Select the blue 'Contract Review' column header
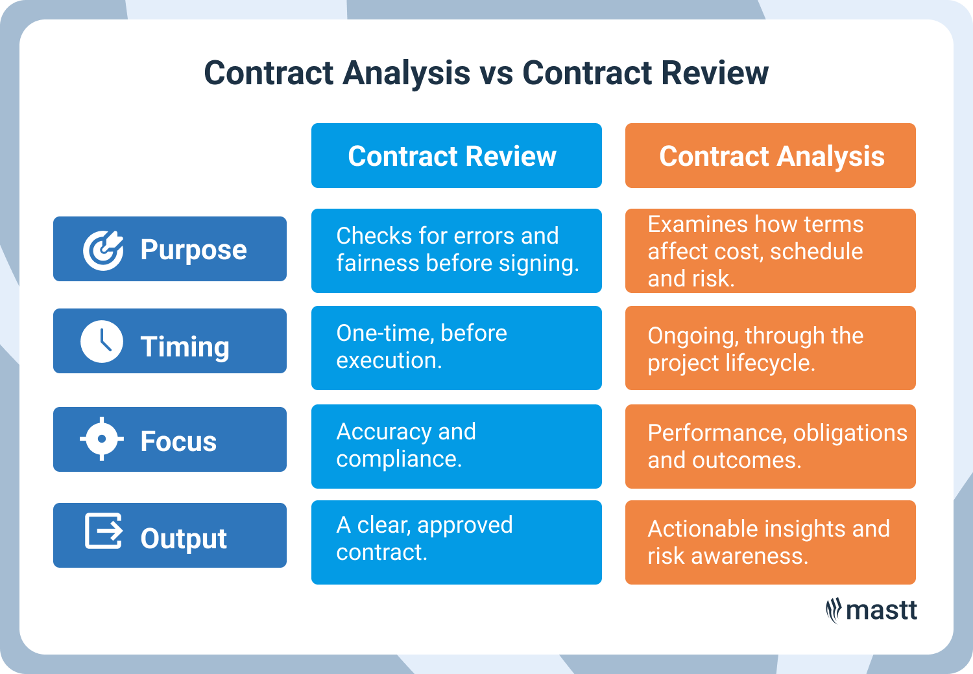pos(456,156)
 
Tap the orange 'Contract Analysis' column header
pos(770,156)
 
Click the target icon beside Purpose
pos(102,250)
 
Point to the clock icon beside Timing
pos(102,342)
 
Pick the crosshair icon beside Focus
pos(102,439)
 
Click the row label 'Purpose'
pos(193,250)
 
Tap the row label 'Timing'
pos(185,347)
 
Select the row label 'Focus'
pos(178,441)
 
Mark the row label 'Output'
pos(184,539)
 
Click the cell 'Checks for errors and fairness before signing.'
pos(456,250)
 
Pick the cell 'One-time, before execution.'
pos(456,347)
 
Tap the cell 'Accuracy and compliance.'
pos(456,446)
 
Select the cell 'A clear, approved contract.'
pos(456,542)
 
